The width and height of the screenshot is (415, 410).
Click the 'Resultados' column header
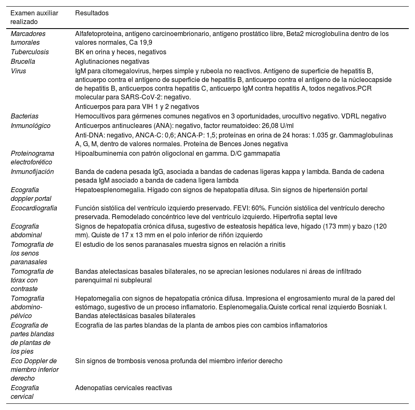92,13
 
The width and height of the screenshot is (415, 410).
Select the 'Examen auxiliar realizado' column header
34,17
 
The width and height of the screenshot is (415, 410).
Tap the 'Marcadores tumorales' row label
28,38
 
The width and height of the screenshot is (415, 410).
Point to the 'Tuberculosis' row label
30,52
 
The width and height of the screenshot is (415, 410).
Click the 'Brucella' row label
23,61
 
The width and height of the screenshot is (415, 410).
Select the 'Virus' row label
18,71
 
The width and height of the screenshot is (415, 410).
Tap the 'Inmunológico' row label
31,125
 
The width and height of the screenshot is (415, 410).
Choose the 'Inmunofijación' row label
32,171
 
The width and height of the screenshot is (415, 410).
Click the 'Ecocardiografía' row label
34,208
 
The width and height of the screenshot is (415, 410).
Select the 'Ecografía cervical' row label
25,392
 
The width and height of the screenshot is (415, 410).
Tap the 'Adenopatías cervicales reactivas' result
124,388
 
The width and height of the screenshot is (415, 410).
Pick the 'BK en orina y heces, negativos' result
121,52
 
